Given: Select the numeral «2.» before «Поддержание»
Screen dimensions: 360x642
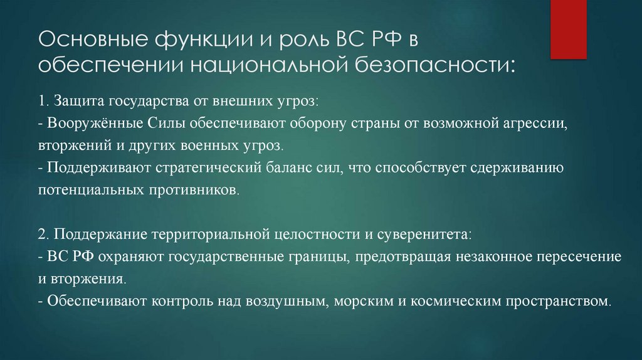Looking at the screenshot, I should [44, 235].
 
